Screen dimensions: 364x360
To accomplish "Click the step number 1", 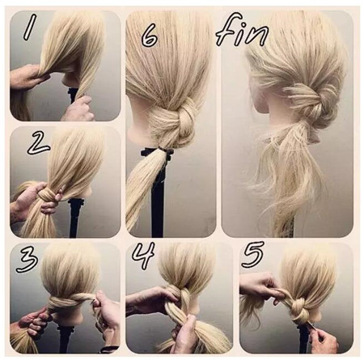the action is click(x=29, y=28).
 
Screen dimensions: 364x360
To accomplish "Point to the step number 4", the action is click(x=144, y=256).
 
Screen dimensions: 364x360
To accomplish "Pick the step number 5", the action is click(x=254, y=254).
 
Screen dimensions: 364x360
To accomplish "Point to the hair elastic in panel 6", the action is click(x=162, y=149).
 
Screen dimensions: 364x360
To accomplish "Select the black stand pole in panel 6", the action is click(x=158, y=197).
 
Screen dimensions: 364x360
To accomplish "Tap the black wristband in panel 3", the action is click(x=110, y=349).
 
